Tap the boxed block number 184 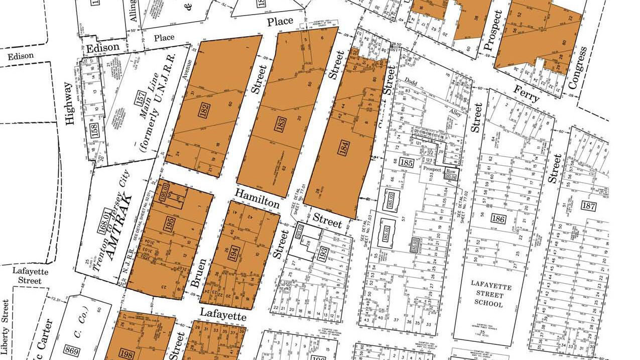pyautogui.click(x=344, y=149)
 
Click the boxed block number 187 pyautogui.click(x=588, y=205)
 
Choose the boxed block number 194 pyautogui.click(x=233, y=253)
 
